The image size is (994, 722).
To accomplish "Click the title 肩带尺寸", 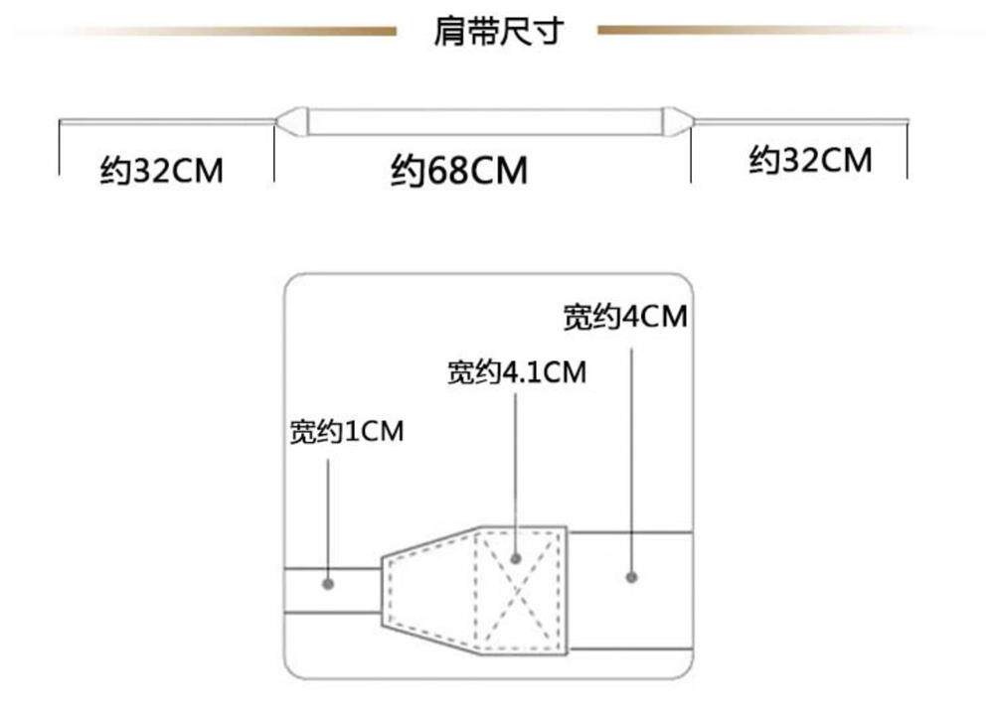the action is click(x=497, y=32).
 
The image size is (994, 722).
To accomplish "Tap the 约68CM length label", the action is click(x=458, y=171).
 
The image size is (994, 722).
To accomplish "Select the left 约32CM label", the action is click(x=162, y=171).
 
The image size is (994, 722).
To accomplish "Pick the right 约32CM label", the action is click(x=810, y=160).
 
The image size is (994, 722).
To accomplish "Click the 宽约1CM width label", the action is click(x=347, y=432).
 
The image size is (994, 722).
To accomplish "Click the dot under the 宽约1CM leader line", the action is click(x=329, y=582).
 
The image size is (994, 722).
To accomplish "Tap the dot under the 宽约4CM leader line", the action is click(x=630, y=575).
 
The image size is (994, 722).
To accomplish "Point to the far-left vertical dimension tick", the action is click(x=60, y=149).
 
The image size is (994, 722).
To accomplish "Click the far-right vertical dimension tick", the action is click(x=908, y=149).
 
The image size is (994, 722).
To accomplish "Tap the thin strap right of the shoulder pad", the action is click(x=800, y=122).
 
